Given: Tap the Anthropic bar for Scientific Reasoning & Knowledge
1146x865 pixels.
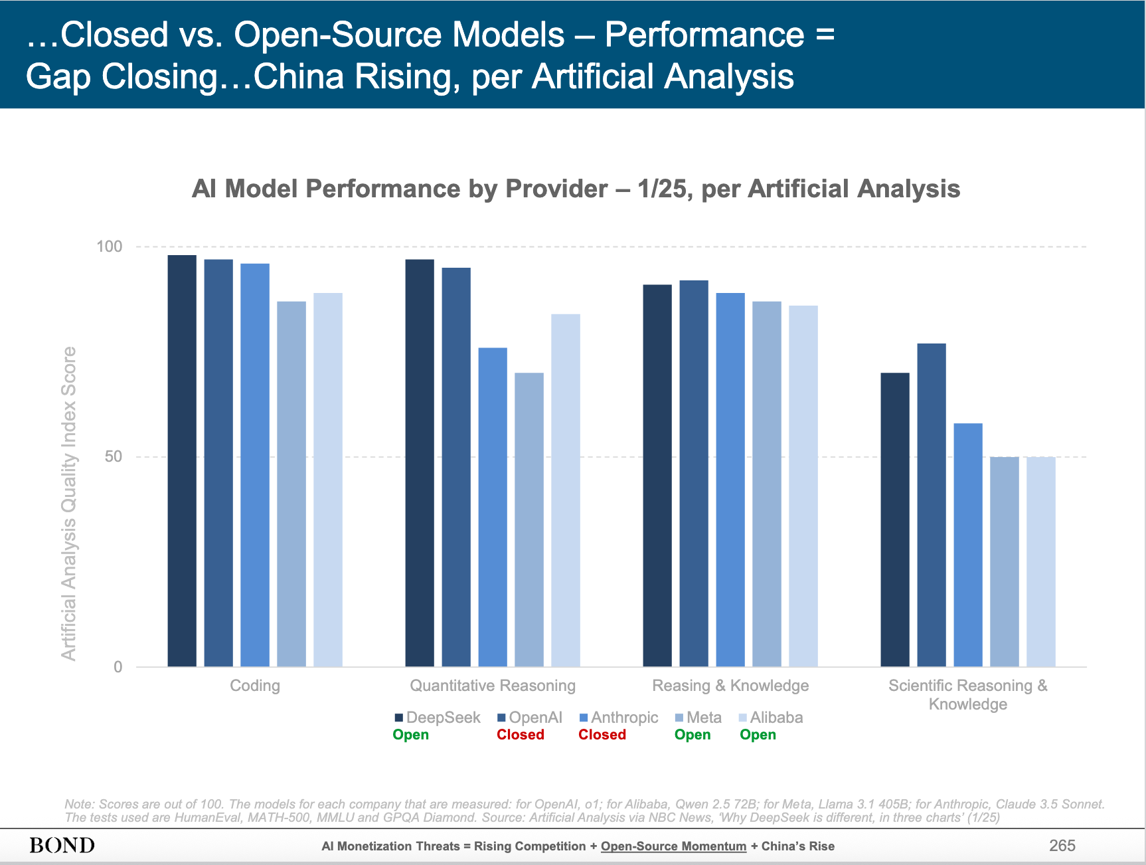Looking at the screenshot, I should point(968,545).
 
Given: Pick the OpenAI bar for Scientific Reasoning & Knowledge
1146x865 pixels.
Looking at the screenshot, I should point(932,505).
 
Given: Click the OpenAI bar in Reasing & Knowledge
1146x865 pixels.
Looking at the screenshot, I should point(694,473).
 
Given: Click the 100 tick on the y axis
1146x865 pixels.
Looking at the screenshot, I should point(110,246).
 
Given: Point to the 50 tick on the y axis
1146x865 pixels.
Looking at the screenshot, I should point(114,456).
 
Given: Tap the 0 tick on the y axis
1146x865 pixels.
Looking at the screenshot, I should point(118,666).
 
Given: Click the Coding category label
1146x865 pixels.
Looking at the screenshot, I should point(255,686).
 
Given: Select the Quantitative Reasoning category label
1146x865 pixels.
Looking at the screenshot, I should point(493,686).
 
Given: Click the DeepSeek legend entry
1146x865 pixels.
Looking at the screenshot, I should point(438,718).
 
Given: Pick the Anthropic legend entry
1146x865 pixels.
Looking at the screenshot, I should point(619,718).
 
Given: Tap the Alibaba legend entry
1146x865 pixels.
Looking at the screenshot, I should point(772,718).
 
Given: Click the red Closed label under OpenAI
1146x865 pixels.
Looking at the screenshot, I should point(521,735).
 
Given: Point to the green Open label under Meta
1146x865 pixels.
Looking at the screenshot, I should point(693,735).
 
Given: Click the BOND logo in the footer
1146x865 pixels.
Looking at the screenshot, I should point(62,845).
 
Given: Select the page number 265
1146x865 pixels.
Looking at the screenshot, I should point(1062,845).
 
